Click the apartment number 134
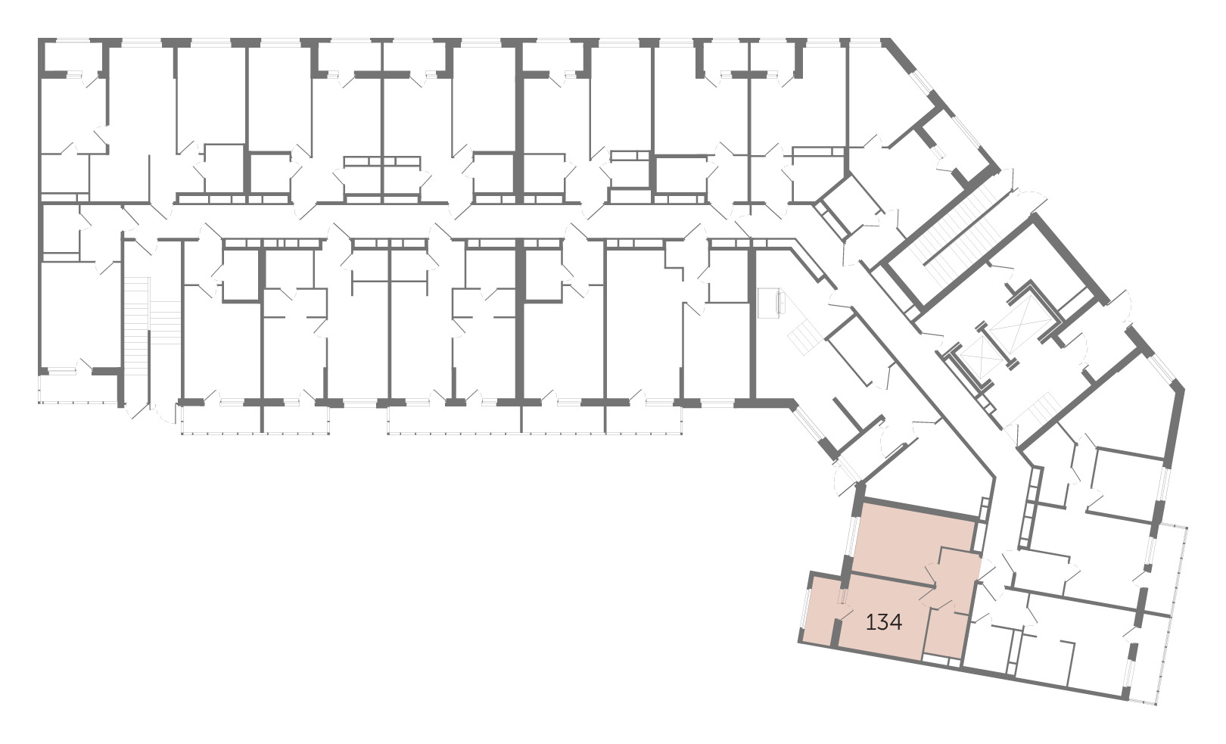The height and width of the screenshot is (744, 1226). [x=884, y=622]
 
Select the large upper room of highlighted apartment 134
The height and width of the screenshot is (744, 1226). [x=911, y=542]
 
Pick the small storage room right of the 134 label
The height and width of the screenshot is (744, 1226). [x=945, y=635]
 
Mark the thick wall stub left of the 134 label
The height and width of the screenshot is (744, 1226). [x=835, y=633]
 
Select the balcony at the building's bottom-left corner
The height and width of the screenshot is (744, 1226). [x=80, y=389]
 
